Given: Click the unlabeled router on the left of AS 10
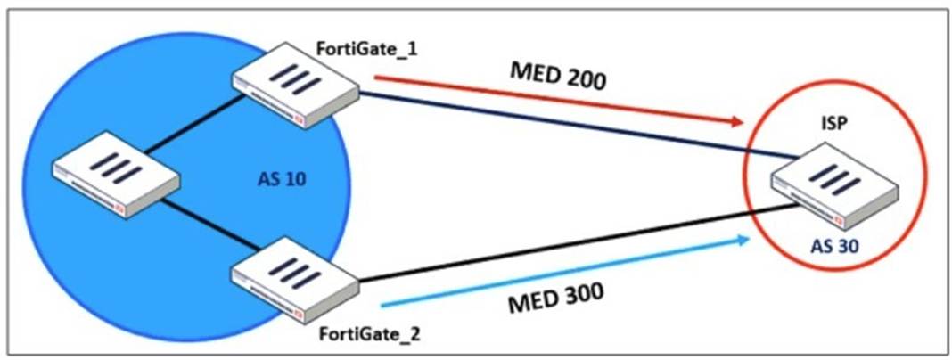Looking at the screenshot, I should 116,178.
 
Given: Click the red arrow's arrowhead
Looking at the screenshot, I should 735,120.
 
